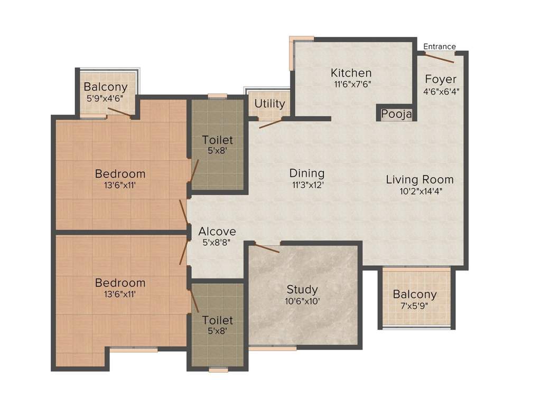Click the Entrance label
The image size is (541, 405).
[x=440, y=46]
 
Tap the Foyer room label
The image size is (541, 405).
[x=441, y=79]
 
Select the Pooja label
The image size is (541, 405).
[x=396, y=114]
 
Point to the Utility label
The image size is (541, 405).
[x=269, y=104]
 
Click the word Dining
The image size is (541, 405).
[x=307, y=173]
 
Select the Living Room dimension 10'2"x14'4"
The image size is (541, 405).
[x=421, y=191]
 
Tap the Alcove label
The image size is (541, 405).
[x=217, y=232]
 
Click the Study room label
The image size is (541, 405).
[x=302, y=289]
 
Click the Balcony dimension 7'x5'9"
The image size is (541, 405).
[x=415, y=307]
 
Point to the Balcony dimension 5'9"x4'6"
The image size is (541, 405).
[x=106, y=99]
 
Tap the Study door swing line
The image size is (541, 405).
[x=267, y=248]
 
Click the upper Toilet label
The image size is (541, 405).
[x=218, y=140]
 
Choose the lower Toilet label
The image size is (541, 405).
[x=218, y=320]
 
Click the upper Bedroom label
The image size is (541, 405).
[x=120, y=173]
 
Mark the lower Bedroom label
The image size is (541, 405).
[x=120, y=283]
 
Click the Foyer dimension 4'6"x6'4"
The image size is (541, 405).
[x=441, y=91]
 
